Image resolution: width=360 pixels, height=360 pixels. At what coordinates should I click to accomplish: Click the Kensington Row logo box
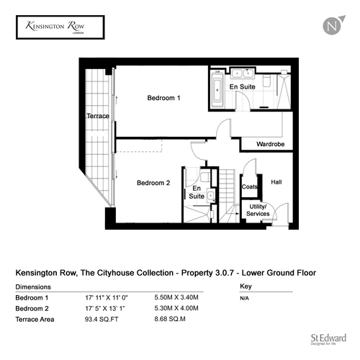coord(60,27)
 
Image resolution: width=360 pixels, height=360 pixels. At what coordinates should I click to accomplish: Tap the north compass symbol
coord(333,26)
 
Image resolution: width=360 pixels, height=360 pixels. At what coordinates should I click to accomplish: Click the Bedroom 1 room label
coord(163,98)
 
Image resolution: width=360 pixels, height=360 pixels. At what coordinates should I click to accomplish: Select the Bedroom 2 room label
coord(153,183)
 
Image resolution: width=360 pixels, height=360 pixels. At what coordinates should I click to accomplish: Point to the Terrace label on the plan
coord(98,116)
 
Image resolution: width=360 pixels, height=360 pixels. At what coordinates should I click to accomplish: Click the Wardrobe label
coord(271,144)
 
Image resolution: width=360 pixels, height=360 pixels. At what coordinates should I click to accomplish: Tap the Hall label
coord(276,182)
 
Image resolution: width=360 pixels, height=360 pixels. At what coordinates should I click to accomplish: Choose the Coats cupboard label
coord(250,186)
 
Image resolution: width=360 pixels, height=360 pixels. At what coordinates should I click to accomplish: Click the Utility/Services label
coord(258,210)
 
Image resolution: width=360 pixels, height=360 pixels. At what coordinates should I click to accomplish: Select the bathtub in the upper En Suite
coord(217,90)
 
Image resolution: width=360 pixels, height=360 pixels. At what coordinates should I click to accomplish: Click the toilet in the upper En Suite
coord(266,81)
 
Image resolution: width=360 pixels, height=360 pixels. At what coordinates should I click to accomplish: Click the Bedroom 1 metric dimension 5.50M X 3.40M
coord(176,297)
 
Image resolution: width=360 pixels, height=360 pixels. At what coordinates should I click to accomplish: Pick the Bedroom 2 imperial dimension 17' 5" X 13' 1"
coord(105,308)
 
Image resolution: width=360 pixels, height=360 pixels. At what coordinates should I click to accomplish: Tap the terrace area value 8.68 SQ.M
coord(170,319)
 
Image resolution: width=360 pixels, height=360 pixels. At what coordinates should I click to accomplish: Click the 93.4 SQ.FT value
coord(102,320)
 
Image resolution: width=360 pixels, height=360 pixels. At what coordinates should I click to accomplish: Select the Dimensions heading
coord(33,287)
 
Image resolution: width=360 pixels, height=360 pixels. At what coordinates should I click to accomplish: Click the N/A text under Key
coord(244,298)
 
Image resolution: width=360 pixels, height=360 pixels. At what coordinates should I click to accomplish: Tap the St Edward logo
coord(328,339)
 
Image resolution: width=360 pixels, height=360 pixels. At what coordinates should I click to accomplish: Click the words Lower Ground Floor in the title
coord(279,273)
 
